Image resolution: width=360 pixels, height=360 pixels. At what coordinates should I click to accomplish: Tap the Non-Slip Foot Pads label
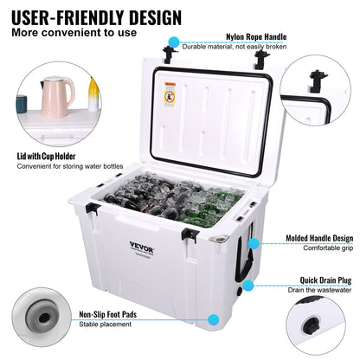105,314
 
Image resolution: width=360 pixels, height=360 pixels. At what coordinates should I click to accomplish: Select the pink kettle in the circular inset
55,94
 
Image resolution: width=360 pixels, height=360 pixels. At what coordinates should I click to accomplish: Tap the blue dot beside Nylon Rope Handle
173,41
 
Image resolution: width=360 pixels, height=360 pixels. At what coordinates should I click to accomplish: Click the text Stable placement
106,325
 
